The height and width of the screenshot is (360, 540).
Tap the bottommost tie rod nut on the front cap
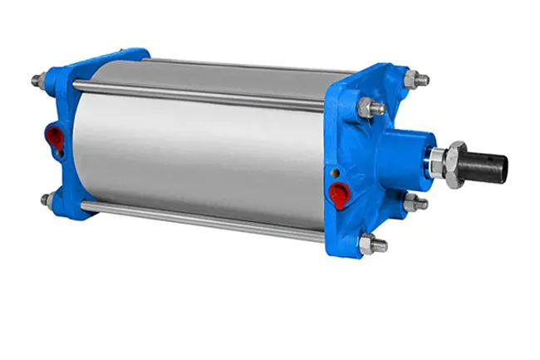tap(371, 245)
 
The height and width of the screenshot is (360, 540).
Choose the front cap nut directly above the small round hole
tap(368, 107)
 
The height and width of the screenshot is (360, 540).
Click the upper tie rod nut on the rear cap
tap(38, 81)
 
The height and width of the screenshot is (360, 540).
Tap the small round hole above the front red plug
tap(334, 173)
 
